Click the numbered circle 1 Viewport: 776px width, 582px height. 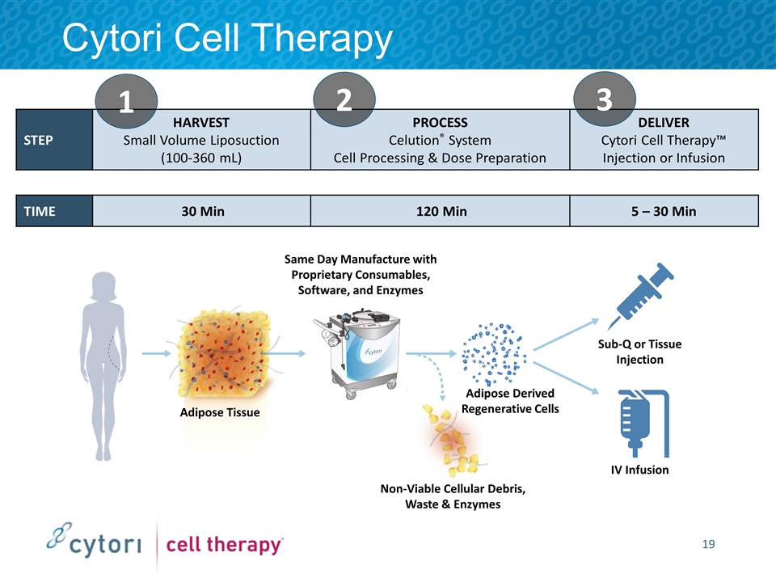point(126,102)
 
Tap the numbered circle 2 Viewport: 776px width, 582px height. point(343,99)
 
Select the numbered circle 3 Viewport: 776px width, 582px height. point(605,99)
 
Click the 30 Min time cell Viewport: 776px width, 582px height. point(202,212)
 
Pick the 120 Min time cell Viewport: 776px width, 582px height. point(440,212)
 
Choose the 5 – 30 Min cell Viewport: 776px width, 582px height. point(664,212)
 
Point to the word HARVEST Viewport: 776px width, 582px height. point(202,123)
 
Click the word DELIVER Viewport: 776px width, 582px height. point(664,123)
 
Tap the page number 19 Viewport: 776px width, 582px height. point(708,543)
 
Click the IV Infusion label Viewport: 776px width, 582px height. point(639,470)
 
